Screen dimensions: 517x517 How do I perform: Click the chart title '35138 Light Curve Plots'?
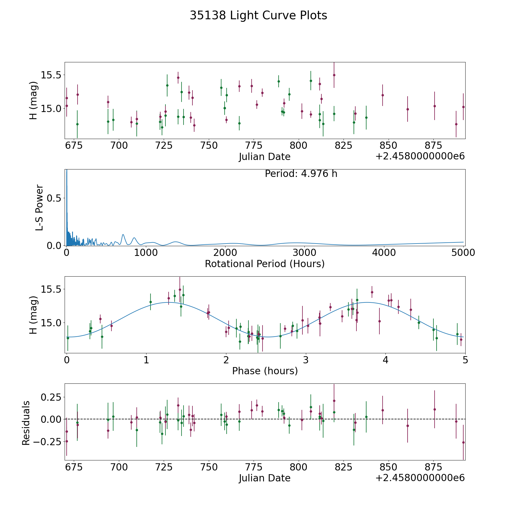point(258,16)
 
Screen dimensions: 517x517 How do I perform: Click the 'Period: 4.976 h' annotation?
point(301,174)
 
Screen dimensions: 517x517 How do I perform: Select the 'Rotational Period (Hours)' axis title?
point(265,264)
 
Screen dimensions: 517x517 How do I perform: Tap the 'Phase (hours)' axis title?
point(265,371)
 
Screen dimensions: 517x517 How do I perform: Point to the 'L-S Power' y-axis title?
point(39,207)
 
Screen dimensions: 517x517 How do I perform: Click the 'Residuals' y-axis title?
point(26,423)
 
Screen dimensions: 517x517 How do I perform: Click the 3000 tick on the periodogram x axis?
point(304,253)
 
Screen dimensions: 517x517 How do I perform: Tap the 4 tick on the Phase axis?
point(385,360)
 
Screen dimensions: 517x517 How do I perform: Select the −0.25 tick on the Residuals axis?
point(47,441)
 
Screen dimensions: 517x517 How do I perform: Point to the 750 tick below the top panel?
point(209,146)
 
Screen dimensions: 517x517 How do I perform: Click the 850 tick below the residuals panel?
point(388,467)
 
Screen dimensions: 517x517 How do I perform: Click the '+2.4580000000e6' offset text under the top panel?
point(420,157)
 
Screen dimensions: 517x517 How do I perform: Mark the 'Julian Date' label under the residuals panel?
point(265,478)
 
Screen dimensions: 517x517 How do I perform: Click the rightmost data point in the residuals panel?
point(463,442)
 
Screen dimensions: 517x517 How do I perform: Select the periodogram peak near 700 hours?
point(123,235)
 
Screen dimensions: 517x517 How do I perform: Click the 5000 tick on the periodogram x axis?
point(463,253)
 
